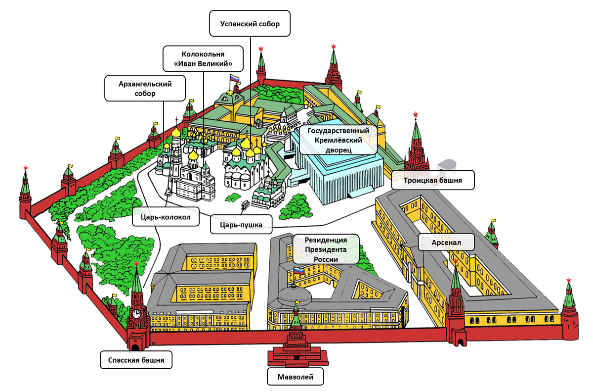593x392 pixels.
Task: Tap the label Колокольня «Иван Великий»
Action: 203,59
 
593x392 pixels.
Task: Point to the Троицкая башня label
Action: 433,180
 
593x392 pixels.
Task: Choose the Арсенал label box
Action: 446,243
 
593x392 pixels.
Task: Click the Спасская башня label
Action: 136,360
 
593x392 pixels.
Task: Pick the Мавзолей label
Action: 296,377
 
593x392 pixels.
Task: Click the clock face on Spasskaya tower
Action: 136,313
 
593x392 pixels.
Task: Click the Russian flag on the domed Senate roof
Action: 298,271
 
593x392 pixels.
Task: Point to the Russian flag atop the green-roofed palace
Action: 234,79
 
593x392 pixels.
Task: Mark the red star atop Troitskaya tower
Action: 416,114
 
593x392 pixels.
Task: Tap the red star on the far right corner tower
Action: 569,281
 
